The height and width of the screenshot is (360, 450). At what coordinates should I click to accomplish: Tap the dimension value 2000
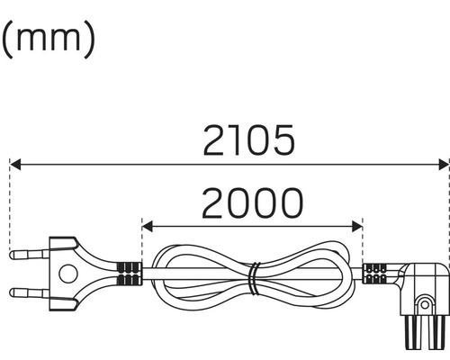251,204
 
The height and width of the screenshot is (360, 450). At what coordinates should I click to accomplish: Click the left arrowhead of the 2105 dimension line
15,165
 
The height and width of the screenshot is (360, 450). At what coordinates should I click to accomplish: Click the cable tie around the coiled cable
255,278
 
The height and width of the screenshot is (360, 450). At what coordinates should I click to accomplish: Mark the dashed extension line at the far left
9,207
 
